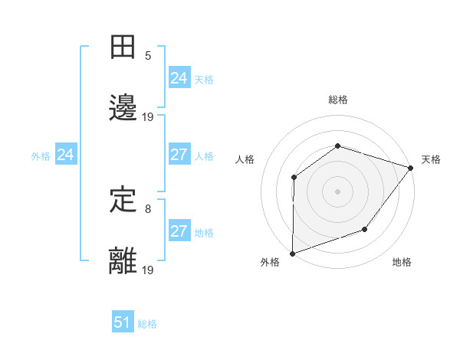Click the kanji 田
(123, 47)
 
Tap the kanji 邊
(123, 109)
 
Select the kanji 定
(123, 200)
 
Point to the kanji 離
(123, 261)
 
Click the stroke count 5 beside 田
(148, 55)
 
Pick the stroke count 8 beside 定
(148, 208)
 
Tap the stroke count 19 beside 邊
(148, 117)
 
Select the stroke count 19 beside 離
(148, 270)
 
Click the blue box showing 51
(123, 322)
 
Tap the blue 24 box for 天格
(179, 78)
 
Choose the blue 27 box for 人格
(179, 155)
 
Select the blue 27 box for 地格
(179, 231)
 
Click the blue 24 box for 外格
(65, 155)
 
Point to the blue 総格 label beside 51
(147, 324)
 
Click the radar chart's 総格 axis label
(337, 100)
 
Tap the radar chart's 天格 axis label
(431, 159)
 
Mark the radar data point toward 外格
(292, 254)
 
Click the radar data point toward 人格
(294, 178)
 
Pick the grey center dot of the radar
(337, 191)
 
